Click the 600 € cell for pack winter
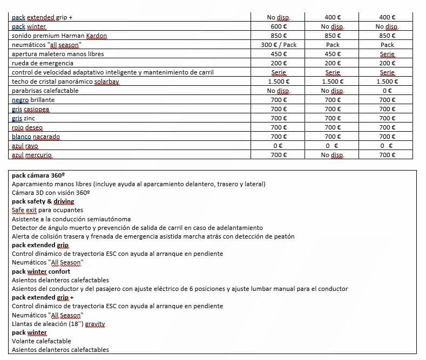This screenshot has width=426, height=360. [278, 26]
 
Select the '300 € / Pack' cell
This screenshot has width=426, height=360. [278, 45]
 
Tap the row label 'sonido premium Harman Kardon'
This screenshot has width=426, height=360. [59, 36]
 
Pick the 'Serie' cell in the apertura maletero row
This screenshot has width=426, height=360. [387, 54]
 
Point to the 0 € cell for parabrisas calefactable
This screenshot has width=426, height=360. [387, 91]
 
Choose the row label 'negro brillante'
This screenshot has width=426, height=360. [33, 100]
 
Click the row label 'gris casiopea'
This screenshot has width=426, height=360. [30, 109]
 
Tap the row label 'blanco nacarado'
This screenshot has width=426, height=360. [36, 137]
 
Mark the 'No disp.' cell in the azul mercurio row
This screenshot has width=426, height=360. [333, 155]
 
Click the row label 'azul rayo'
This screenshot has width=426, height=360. [25, 146]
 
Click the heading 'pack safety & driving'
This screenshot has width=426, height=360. [43, 201]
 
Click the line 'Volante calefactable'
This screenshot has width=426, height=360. [42, 341]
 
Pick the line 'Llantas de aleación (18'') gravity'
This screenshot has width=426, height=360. [58, 324]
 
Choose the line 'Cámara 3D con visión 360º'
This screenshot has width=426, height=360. [51, 193]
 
